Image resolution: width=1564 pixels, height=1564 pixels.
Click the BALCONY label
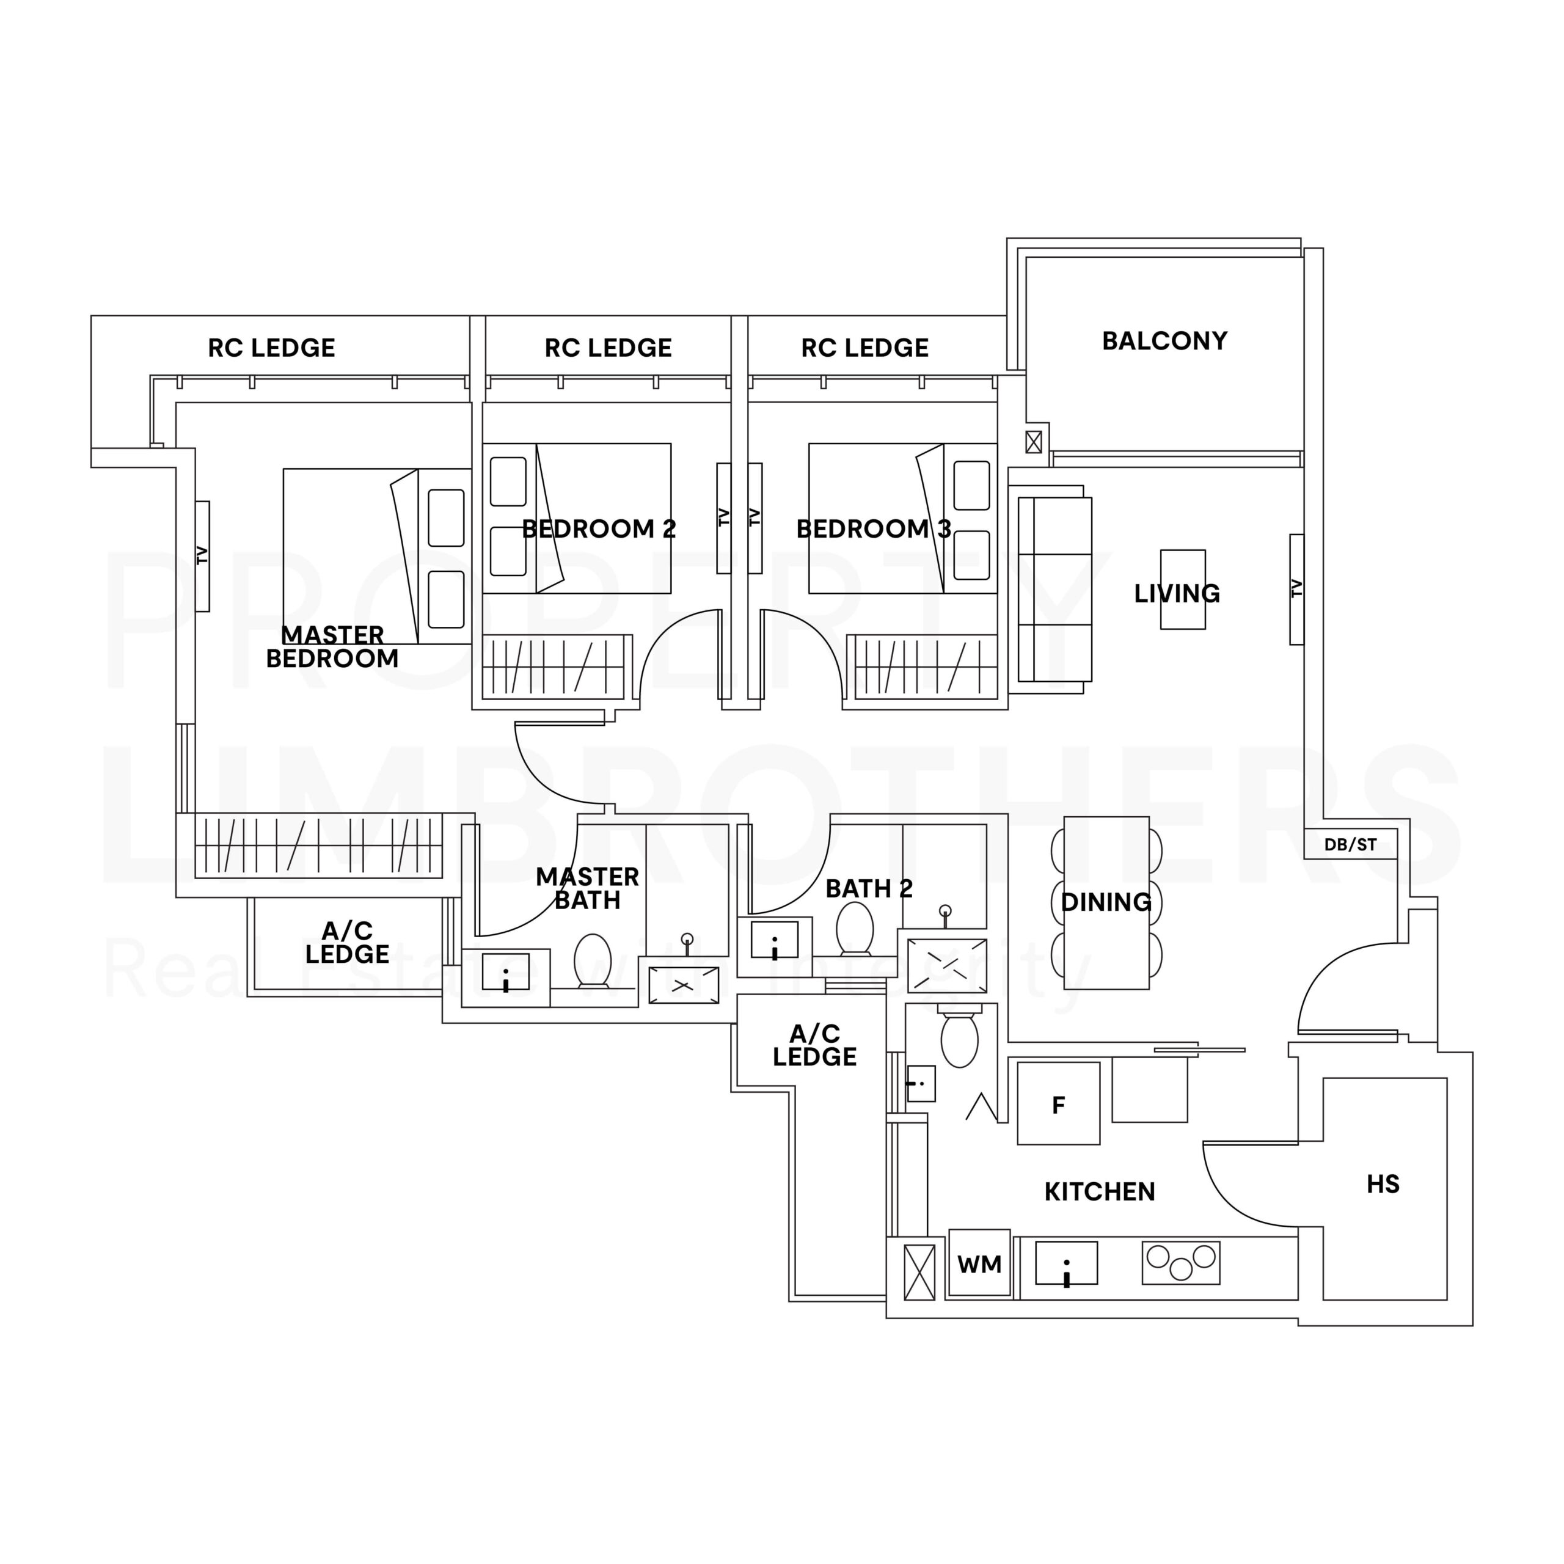[x=1164, y=341]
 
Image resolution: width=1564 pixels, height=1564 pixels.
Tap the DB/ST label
[x=1350, y=845]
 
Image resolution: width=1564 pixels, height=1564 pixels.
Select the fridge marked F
[x=1058, y=1103]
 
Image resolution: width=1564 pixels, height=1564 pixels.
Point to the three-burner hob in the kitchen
[x=1181, y=1263]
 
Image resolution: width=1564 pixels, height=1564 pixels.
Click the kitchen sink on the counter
[x=1066, y=1263]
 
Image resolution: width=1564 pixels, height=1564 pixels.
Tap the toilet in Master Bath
[x=593, y=962]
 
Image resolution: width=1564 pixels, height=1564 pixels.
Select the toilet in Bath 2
[x=855, y=929]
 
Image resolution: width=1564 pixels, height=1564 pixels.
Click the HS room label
[x=1383, y=1185]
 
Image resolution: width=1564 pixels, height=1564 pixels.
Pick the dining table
[x=1106, y=902]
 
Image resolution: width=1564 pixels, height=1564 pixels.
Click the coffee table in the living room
[x=1183, y=590]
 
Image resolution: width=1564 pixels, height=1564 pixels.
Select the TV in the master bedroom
[x=202, y=556]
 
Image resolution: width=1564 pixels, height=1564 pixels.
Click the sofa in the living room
[x=1055, y=590]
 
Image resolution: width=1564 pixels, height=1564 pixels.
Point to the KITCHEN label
[x=1099, y=1191]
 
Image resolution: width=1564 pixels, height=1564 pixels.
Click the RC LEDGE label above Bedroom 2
[x=608, y=348]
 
